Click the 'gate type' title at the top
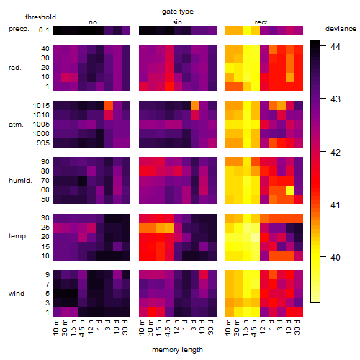[178, 12]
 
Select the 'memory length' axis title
[177, 350]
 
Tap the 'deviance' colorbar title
[341, 29]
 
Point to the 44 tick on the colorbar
[336, 46]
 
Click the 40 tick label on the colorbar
[336, 257]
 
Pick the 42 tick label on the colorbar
[336, 152]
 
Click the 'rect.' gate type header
[261, 22]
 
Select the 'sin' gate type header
[177, 22]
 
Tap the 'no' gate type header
[93, 22]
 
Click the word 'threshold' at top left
[40, 17]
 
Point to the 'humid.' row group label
[20, 181]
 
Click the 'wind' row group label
[17, 293]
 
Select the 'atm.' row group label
[16, 125]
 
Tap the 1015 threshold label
[41, 105]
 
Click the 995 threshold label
[43, 143]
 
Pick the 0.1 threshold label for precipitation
[44, 30]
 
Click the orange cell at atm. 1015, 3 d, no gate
[109, 105]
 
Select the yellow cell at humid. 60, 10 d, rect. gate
[290, 190]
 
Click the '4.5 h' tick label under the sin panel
[168, 328]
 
